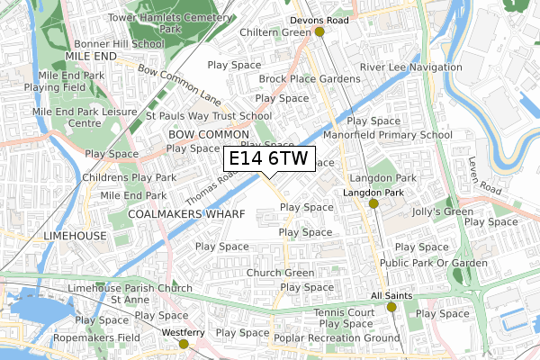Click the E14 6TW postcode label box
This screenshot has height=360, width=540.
[268, 159]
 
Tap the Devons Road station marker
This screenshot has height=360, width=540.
[319, 31]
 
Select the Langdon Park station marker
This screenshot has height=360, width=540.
[373, 203]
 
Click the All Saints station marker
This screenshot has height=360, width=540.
[391, 307]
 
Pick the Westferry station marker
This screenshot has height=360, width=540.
[184, 343]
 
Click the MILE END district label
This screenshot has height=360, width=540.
[92, 55]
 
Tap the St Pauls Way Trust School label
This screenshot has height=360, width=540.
[209, 115]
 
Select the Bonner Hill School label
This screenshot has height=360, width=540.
[119, 42]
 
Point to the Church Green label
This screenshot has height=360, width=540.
[280, 273]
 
